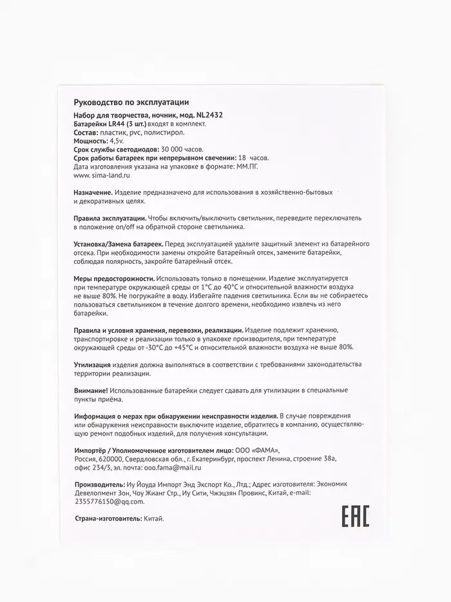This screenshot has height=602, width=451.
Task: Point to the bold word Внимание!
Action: coord(91,390)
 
